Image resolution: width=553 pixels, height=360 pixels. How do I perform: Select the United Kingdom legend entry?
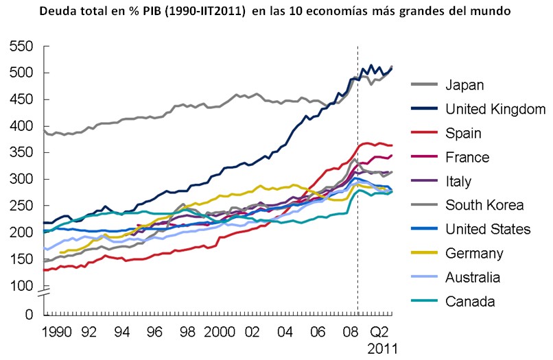click(495, 109)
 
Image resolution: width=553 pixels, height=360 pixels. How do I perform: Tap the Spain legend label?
click(463, 133)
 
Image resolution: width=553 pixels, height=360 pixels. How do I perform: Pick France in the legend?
click(467, 157)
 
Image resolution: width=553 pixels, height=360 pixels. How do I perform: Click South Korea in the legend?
click(484, 205)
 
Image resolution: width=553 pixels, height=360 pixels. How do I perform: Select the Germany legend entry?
click(474, 253)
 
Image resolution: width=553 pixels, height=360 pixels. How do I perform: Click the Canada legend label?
click(470, 301)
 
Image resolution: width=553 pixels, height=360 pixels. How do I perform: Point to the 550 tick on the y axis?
click(22, 47)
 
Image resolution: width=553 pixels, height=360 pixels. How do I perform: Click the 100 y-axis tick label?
click(22, 286)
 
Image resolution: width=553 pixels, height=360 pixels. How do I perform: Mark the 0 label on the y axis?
click(29, 315)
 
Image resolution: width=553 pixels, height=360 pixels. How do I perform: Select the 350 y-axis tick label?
click(22, 153)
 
